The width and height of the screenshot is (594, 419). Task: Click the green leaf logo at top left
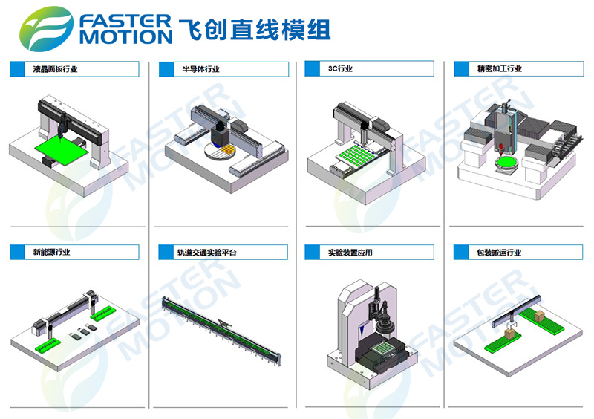point(46,29)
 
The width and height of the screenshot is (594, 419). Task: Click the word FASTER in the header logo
point(125,22)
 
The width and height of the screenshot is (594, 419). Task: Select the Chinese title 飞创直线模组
point(255,30)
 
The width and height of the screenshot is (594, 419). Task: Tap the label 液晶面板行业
point(55,69)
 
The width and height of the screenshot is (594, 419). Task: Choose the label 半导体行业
point(200,69)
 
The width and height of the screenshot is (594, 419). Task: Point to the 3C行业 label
point(340,68)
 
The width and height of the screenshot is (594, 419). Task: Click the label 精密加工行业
point(499,68)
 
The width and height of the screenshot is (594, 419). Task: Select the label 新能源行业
point(51,252)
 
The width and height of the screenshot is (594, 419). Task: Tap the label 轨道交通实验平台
point(207,252)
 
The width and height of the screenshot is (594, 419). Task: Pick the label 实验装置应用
point(350,252)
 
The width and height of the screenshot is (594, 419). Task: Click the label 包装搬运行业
point(499,252)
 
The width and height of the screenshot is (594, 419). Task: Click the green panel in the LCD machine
point(62,151)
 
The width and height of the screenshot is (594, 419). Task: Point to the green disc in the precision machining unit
point(507,163)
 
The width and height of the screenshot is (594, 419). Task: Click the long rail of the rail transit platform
point(221,330)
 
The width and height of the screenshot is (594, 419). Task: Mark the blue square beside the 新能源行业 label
point(16,252)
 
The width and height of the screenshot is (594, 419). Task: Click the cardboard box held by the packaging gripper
point(510,334)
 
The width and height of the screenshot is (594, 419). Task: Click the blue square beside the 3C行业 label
point(312,68)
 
